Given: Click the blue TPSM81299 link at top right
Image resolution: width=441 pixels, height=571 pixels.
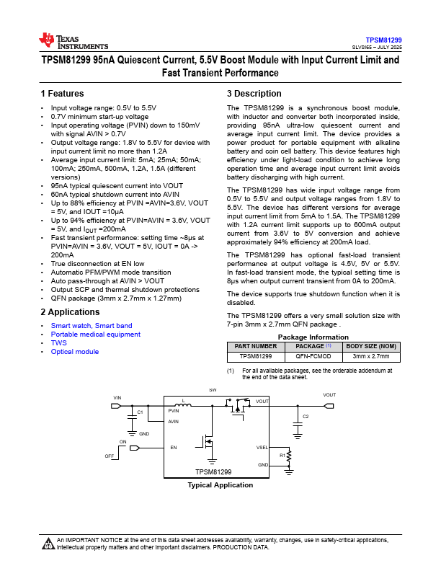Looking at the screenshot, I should (383, 40).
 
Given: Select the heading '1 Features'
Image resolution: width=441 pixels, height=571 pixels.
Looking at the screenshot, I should (62, 94).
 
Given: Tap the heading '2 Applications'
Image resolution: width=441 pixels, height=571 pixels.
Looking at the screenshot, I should (70, 312).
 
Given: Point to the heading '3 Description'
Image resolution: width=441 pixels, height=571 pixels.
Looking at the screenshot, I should (254, 94).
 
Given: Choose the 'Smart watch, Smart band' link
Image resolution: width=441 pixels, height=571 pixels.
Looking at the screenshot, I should (92, 326).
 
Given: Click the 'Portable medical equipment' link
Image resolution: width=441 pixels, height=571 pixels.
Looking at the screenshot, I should (95, 335).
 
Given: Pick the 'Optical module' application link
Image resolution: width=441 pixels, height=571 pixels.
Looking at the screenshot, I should (74, 352).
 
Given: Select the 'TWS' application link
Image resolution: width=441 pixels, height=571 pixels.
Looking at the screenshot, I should (58, 343).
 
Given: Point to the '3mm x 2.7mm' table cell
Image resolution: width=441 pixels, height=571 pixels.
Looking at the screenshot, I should (370, 356).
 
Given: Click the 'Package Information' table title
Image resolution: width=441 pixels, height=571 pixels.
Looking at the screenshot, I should (313, 337).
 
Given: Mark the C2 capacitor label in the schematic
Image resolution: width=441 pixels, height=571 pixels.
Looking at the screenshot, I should (306, 417).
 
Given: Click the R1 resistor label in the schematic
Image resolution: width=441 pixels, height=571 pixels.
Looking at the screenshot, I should (282, 456).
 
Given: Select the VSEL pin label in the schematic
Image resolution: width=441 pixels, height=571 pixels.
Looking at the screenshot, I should (262, 448).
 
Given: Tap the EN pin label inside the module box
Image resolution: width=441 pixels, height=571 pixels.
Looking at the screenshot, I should (174, 448).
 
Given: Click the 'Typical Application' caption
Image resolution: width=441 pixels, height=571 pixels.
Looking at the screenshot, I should (220, 485).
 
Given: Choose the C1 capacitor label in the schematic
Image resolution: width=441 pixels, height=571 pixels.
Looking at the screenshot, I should (141, 412).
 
